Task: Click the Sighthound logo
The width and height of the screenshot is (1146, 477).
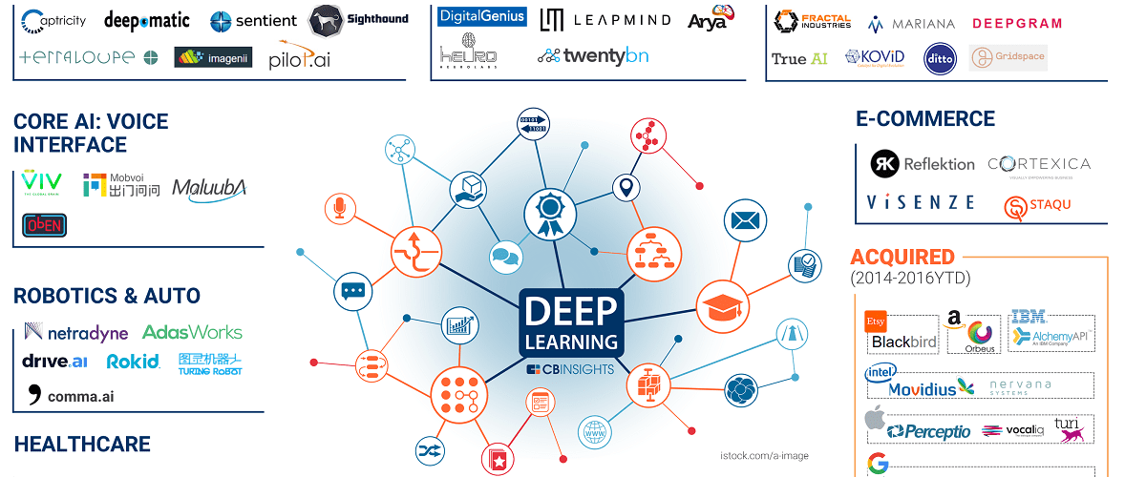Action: tap(359, 20)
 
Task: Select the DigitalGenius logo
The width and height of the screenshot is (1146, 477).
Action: tap(482, 17)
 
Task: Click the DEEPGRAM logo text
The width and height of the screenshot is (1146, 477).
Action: tap(1016, 24)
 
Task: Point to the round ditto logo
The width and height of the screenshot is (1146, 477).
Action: tap(939, 59)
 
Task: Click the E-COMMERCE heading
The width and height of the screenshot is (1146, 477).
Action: tap(924, 119)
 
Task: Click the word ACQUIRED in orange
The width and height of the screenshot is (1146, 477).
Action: tap(902, 257)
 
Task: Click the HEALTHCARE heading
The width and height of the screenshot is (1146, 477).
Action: tap(82, 445)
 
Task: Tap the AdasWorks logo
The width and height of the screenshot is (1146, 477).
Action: tap(192, 333)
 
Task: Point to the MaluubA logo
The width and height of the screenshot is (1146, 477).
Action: tap(209, 189)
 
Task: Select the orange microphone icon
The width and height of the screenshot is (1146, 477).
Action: tap(338, 207)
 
